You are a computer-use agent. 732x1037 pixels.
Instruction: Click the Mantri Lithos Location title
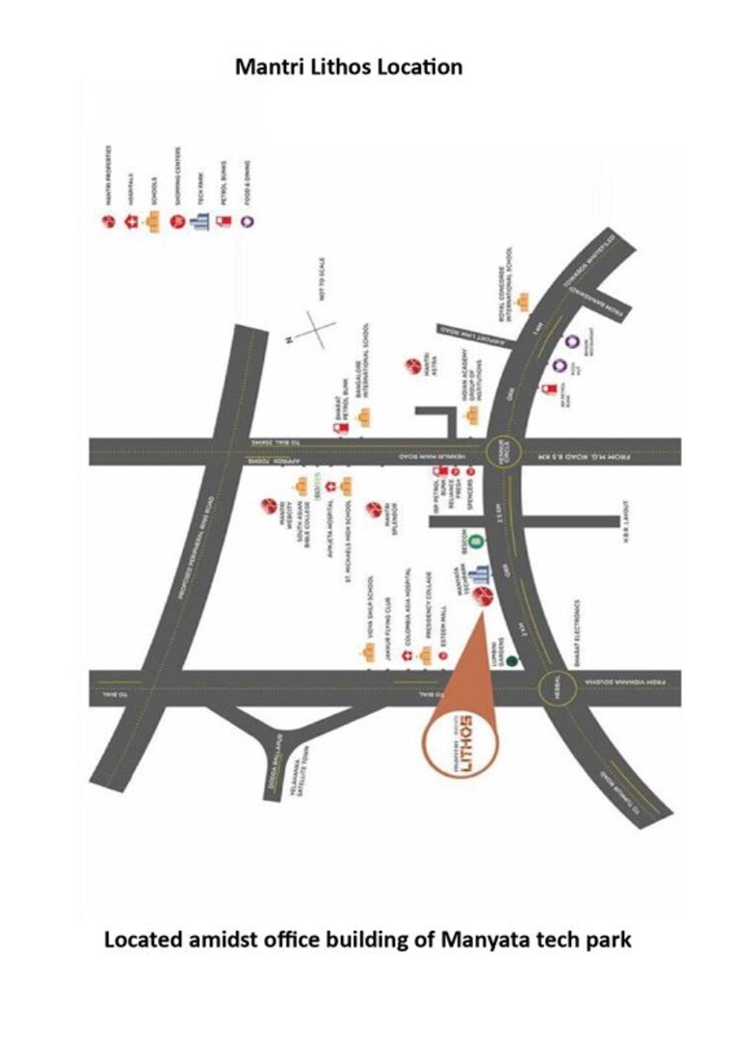[349, 67]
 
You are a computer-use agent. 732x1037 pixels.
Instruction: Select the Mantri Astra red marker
[412, 366]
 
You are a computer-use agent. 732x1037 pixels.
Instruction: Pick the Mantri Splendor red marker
[375, 509]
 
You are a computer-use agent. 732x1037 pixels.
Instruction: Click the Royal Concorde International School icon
[524, 303]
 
